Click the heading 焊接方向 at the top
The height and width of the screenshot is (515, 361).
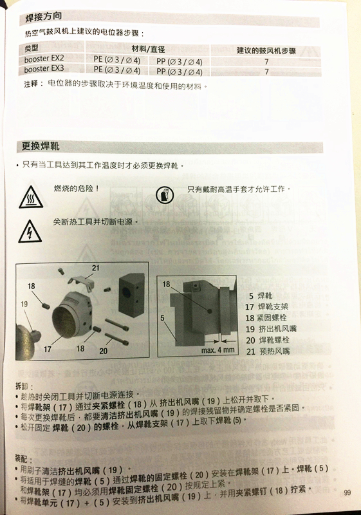44,17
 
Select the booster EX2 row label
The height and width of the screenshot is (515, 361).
44,59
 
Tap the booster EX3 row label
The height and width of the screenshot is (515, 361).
44,69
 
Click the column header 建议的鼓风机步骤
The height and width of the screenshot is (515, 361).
266,51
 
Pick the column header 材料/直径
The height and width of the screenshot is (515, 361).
148,50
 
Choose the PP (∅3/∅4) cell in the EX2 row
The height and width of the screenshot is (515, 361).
179,61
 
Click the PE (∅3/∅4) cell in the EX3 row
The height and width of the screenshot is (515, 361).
117,70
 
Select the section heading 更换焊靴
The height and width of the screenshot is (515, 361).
41,146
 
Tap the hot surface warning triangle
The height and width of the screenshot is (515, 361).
31,197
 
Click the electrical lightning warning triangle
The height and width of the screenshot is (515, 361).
30,232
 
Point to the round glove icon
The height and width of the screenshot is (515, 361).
165,195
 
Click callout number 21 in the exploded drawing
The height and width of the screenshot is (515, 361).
95,268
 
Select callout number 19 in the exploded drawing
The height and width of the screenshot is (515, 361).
24,304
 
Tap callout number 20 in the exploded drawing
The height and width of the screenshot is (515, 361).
104,351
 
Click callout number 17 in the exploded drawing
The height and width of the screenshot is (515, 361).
48,349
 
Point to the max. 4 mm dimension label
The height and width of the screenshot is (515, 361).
218,350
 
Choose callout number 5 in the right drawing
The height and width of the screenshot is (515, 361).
162,318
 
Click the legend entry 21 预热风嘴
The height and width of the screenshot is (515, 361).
268,351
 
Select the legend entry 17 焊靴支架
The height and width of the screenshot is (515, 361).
266,307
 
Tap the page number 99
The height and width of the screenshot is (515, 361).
347,492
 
